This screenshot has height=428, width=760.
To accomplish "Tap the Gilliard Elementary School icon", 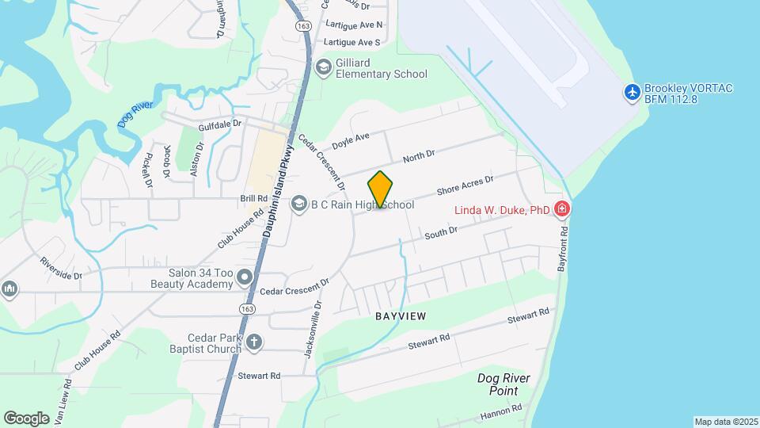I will click(323, 67).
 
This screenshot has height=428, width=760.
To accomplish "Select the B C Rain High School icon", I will click(299, 204).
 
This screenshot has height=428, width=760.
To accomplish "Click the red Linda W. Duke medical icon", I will click(562, 209).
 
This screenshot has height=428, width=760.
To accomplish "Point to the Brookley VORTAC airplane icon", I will click(632, 93).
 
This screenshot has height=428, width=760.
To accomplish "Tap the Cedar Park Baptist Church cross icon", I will click(253, 342).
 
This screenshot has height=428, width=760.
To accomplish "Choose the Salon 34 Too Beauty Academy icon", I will click(245, 277).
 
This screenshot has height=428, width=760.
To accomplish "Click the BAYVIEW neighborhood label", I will click(401, 316).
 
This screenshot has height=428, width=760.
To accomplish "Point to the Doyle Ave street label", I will click(351, 141).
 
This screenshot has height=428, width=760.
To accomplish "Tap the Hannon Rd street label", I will click(501, 411).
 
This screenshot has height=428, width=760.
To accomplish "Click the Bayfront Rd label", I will click(563, 250).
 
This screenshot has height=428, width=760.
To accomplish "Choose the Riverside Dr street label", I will click(61, 268).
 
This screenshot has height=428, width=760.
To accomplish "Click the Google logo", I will click(26, 418).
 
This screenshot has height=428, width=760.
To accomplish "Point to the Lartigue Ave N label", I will click(353, 25).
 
